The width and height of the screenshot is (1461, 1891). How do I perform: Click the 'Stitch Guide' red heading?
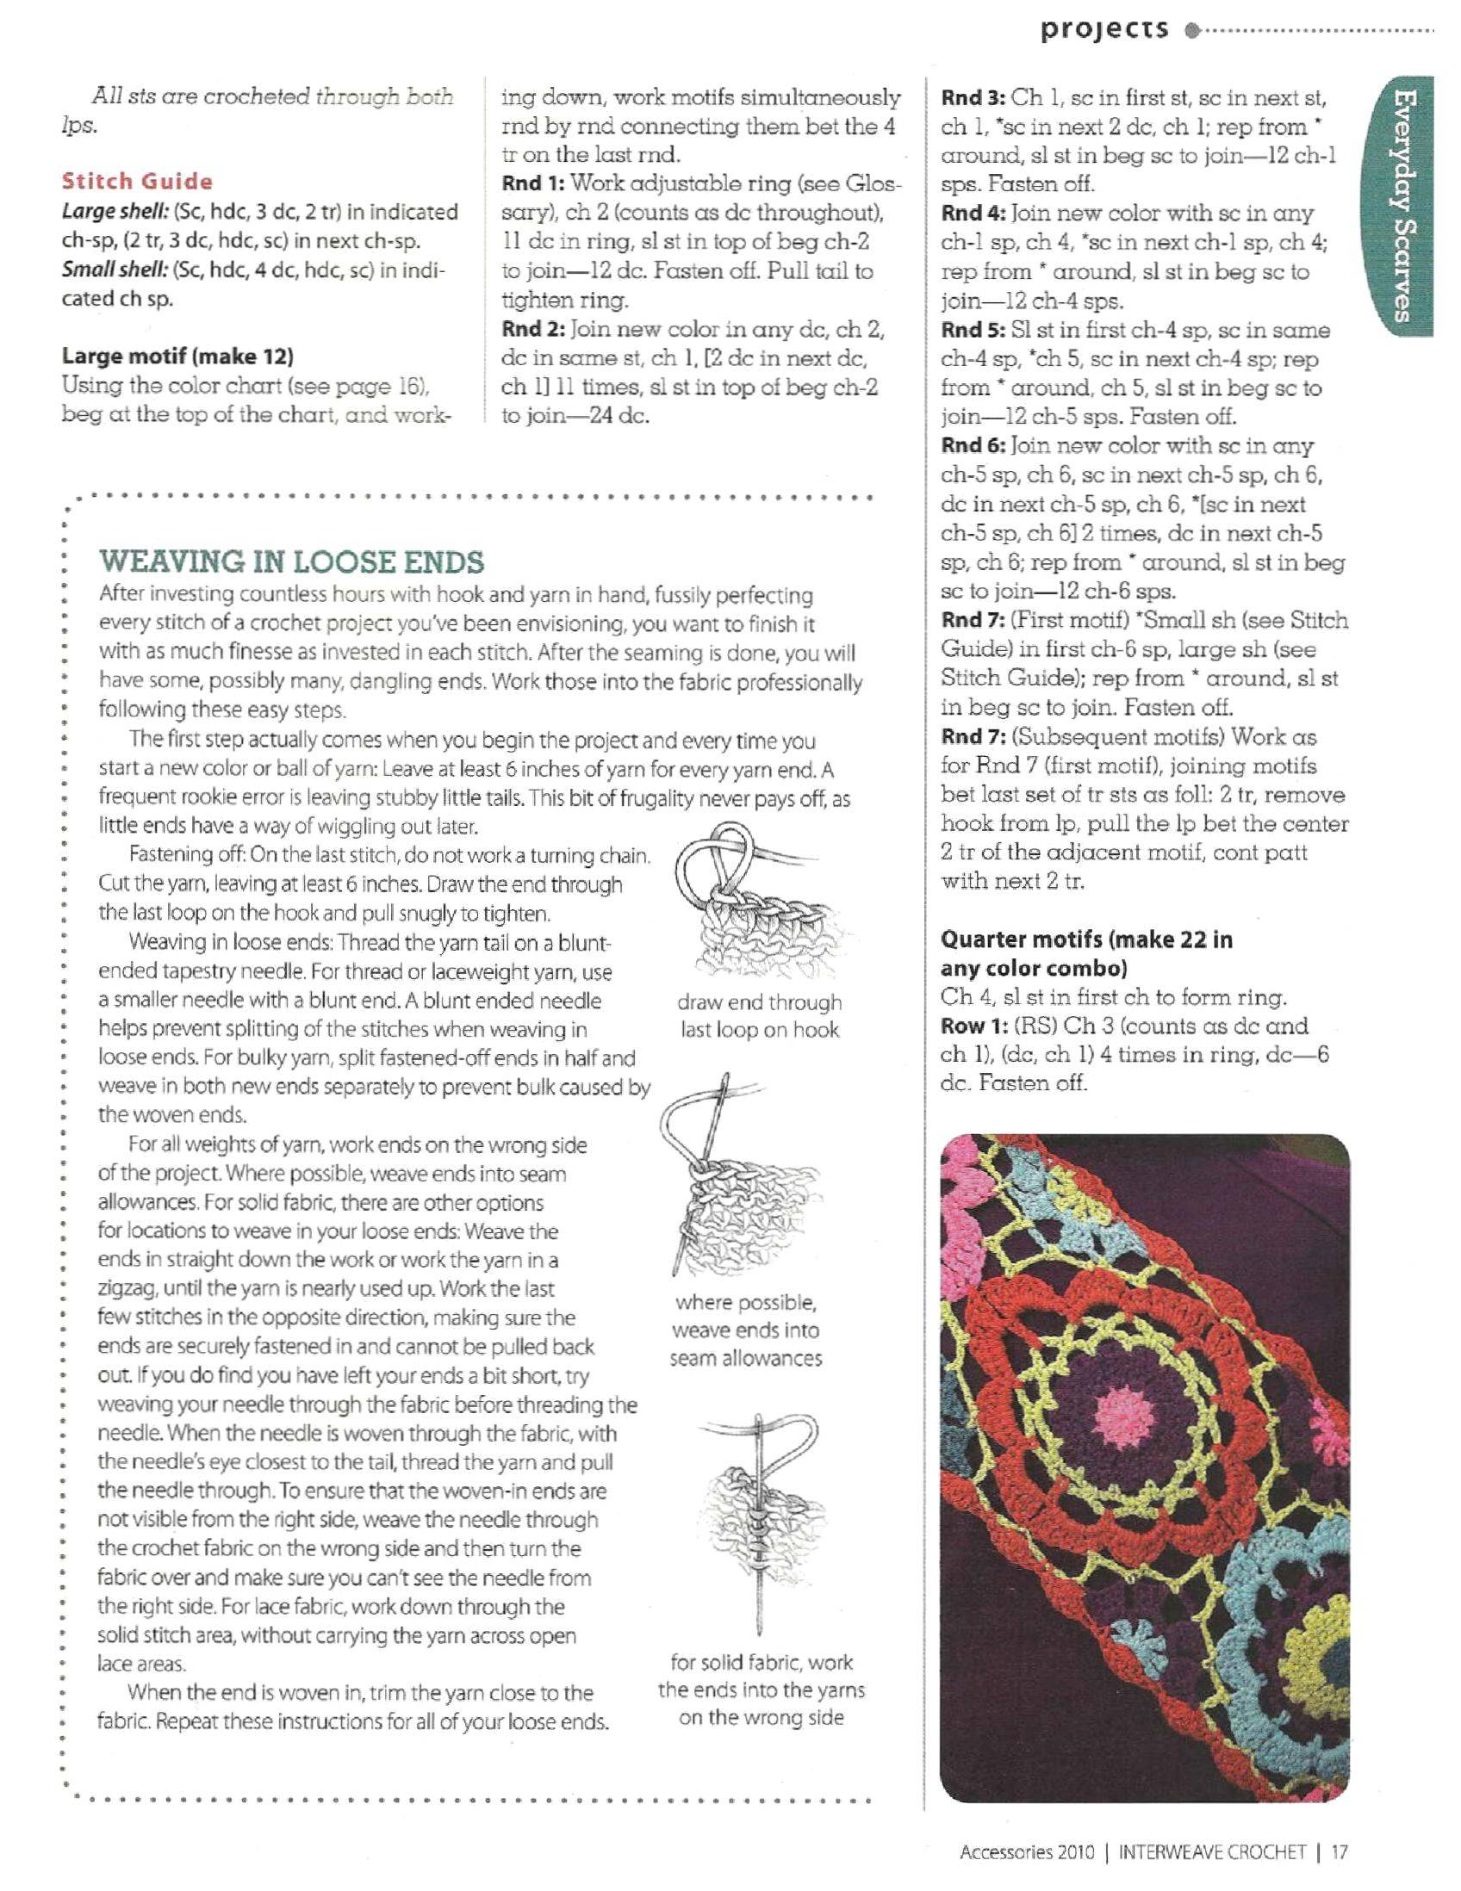coord(137,181)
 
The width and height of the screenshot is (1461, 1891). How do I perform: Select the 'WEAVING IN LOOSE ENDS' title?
coord(292,562)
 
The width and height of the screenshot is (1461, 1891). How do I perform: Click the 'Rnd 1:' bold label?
coord(532,183)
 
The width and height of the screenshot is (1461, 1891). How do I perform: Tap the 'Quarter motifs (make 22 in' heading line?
coord(1087,939)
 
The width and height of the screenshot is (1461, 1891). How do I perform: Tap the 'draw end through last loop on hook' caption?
coord(760,1015)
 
